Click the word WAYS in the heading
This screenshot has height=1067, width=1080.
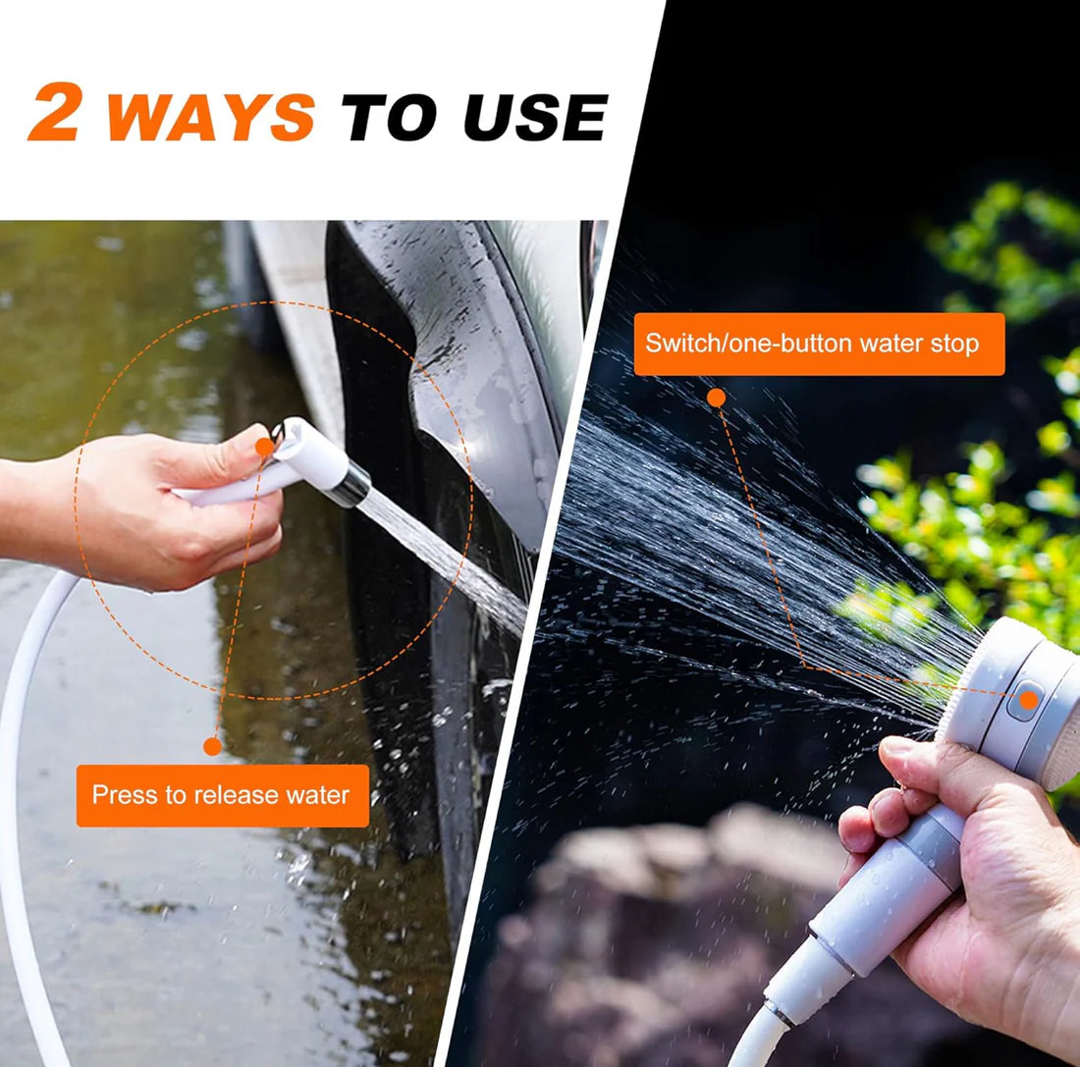211,116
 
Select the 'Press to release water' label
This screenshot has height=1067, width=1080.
222,795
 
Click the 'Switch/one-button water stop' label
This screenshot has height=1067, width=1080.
819,344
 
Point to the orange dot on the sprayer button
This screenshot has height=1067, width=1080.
1028,700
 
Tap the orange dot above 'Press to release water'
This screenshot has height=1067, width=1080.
211,746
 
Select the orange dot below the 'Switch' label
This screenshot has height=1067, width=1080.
717,398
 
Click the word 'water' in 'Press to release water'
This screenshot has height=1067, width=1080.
317,795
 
